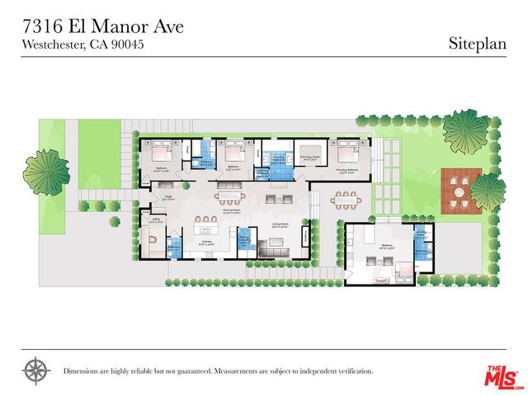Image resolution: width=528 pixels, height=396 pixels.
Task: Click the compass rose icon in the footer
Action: coord(35,370)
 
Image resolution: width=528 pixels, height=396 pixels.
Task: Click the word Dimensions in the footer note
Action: coord(86,371)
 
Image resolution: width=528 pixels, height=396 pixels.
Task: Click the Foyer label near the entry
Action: coord(166,197)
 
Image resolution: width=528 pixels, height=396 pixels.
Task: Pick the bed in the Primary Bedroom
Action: coord(342,153)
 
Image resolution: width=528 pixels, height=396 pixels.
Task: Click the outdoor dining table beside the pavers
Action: coord(345,199)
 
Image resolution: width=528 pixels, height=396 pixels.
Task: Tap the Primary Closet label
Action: coord(310,156)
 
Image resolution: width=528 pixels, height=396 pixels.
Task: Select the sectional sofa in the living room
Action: coord(272,247)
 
